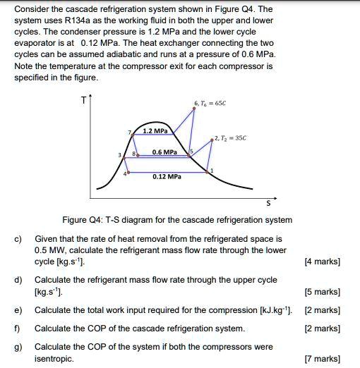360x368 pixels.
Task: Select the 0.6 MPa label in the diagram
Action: pyautogui.click(x=164, y=152)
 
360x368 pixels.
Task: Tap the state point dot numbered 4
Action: pyautogui.click(x=129, y=171)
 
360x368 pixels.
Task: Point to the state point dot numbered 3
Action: pyautogui.click(x=126, y=157)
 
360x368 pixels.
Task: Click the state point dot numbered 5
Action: pyautogui.click(x=188, y=156)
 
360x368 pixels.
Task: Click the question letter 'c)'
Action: pyautogui.click(x=19, y=240)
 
